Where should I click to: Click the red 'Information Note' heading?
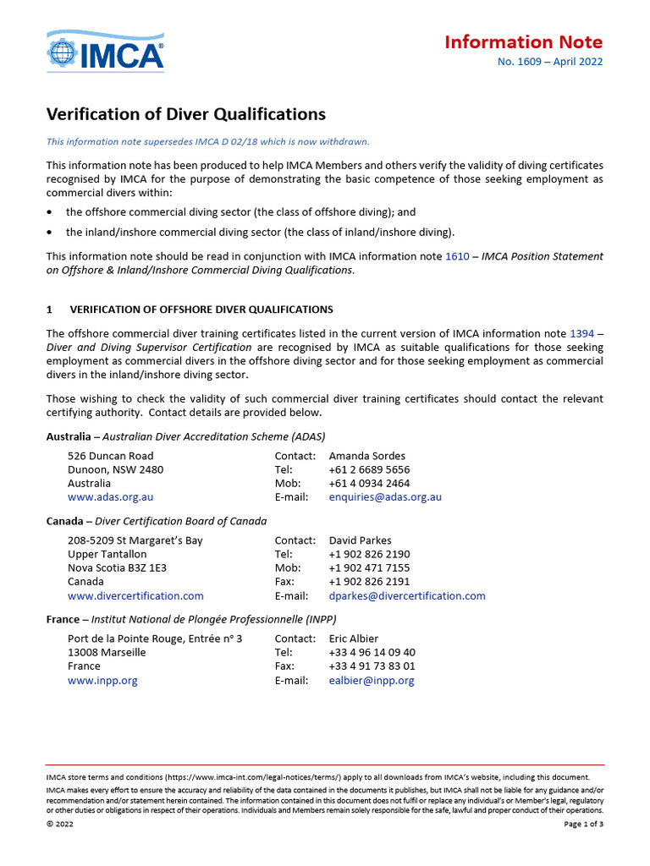[x=523, y=42]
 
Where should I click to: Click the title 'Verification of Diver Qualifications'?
[x=185, y=114]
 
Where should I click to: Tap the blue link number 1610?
[x=457, y=256]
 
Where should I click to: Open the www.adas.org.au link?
[x=110, y=497]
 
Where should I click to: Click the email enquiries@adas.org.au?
[x=385, y=497]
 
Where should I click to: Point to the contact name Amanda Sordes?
[x=366, y=456]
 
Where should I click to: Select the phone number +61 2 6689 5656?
[x=369, y=469]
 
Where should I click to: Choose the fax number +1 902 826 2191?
[x=369, y=582]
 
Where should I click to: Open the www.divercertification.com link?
[x=135, y=595]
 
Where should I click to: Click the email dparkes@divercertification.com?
[x=407, y=595]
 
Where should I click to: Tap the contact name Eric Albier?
[x=354, y=639]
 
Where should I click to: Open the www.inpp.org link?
[x=102, y=680]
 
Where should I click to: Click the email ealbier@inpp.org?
[x=372, y=680]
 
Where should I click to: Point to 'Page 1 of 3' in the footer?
[x=583, y=825]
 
